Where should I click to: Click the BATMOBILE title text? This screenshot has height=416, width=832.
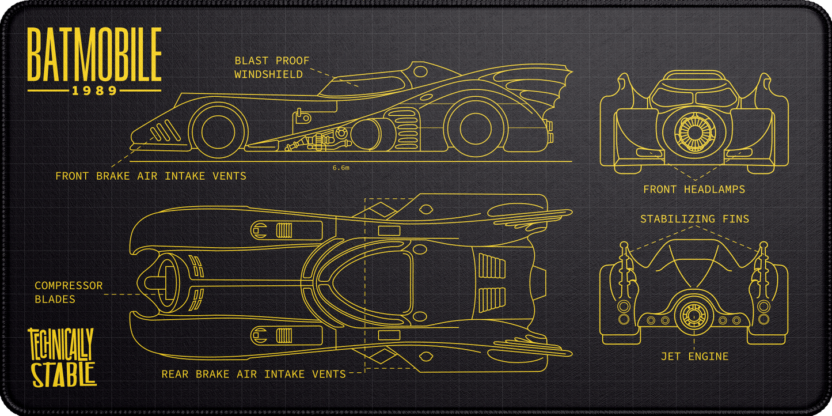(x=94, y=56)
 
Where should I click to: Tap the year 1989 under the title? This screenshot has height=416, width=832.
(x=94, y=90)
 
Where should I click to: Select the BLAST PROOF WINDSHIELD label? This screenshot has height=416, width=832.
(x=272, y=67)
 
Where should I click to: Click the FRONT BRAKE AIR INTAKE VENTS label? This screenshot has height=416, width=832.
(x=151, y=176)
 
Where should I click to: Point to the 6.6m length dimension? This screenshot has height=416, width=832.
(x=341, y=168)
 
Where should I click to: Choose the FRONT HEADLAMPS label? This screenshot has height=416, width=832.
(x=694, y=189)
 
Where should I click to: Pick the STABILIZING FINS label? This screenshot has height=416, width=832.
(x=694, y=219)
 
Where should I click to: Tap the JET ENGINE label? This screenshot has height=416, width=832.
(x=694, y=357)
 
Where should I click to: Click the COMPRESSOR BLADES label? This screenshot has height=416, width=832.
(x=69, y=292)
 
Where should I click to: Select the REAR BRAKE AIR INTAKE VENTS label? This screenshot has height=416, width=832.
(x=253, y=374)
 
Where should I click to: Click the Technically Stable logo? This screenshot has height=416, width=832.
(x=62, y=357)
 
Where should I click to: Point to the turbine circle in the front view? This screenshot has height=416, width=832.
(x=694, y=130)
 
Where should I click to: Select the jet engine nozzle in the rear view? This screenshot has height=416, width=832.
(x=694, y=316)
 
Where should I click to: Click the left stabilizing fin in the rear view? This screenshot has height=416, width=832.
(x=624, y=271)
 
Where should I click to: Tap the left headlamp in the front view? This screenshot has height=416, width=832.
(x=651, y=153)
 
